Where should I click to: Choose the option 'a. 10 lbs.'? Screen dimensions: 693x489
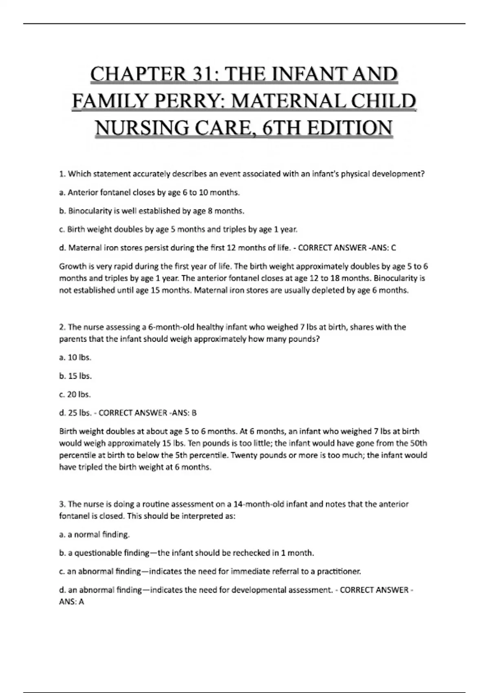click(75, 358)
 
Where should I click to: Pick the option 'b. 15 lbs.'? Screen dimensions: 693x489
click(75, 376)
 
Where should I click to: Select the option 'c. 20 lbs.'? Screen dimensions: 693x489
click(75, 395)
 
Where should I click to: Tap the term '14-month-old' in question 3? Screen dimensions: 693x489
click(258, 504)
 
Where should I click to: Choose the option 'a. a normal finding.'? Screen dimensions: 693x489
click(95, 534)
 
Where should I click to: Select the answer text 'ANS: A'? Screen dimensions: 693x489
click(72, 602)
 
